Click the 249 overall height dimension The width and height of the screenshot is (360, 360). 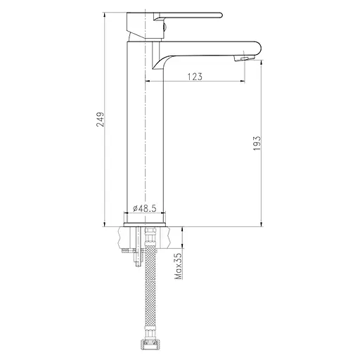coord(101,120)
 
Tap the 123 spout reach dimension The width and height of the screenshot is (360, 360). coord(195,77)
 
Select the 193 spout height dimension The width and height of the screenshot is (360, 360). coord(257,143)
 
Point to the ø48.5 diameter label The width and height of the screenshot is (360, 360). coord(144,208)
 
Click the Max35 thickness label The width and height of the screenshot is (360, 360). coord(179,266)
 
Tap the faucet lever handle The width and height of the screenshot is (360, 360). coord(188,16)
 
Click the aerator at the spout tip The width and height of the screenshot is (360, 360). coord(244,58)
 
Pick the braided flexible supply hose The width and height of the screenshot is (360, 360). coord(150,287)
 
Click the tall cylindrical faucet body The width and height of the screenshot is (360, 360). coord(145,131)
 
